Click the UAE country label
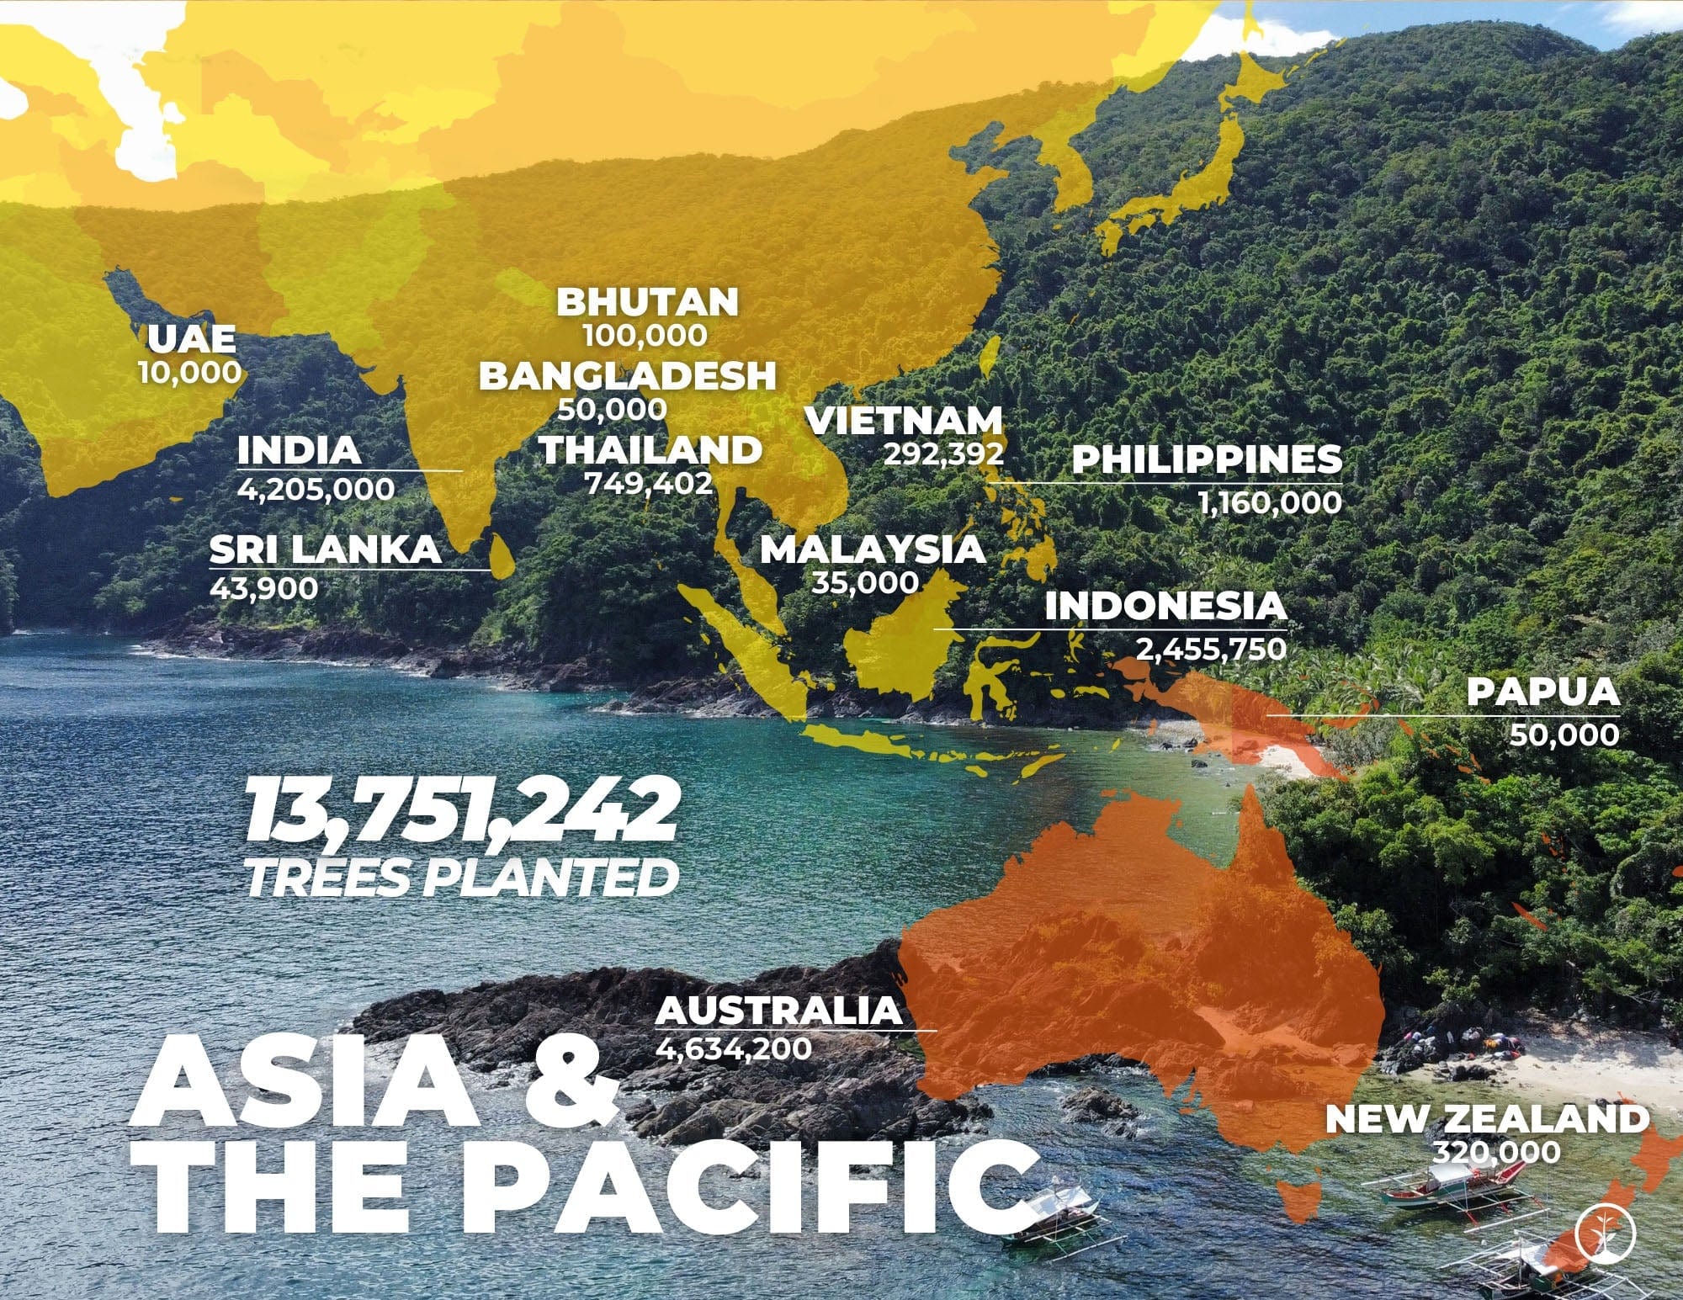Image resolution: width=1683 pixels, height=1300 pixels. point(191,338)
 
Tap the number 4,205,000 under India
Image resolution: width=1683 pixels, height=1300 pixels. point(316,489)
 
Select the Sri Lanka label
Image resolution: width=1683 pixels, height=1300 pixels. point(325,549)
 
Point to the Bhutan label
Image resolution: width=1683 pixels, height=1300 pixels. point(647,302)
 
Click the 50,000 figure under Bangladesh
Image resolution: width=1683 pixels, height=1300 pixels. point(612,410)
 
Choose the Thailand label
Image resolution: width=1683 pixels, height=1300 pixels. point(650,450)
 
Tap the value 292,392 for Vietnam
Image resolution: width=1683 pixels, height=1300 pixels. point(943,454)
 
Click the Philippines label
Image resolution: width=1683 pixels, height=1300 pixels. point(1207,459)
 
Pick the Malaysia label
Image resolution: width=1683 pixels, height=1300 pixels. point(872,549)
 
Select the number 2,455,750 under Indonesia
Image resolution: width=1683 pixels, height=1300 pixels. point(1211,650)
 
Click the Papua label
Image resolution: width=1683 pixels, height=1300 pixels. point(1542,692)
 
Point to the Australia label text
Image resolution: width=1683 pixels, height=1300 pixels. point(778,1010)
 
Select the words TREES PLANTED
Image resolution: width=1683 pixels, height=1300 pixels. point(461,877)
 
